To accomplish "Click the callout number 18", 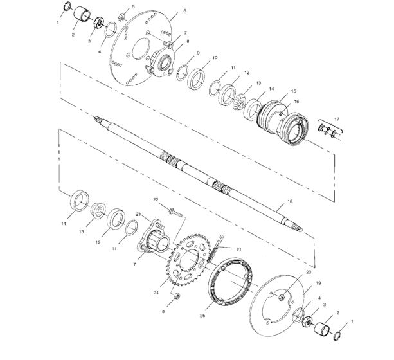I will (289, 201).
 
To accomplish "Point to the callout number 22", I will (156, 199).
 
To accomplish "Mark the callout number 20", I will (309, 272).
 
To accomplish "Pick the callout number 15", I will (294, 91).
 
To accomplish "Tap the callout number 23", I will (138, 215).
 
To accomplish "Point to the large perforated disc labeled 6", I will (138, 45).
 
